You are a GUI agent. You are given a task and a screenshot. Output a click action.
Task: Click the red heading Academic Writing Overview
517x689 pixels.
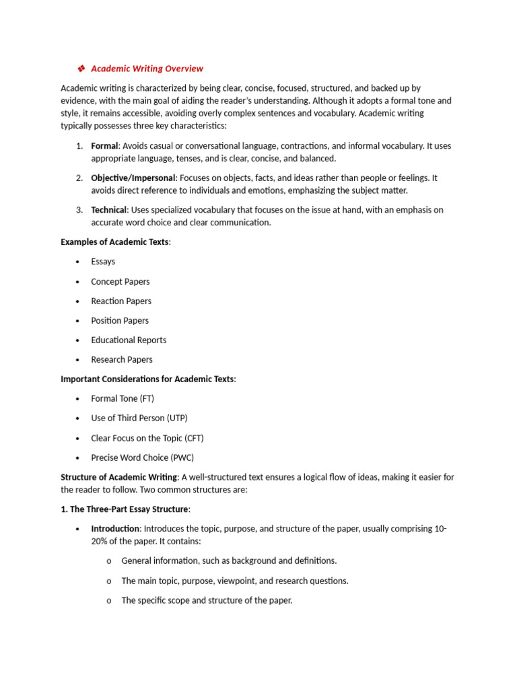(147, 69)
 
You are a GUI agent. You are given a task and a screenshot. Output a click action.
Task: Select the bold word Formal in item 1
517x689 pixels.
(104, 146)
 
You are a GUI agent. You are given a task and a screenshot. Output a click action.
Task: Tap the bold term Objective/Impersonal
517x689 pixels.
(133, 178)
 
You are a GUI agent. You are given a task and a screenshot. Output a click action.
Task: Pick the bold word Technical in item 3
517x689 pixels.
(108, 210)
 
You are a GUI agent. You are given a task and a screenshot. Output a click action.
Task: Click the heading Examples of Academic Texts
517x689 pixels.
(115, 242)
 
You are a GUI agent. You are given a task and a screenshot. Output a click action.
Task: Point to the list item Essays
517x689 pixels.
(103, 262)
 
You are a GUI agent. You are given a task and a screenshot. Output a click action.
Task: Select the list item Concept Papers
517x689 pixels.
(120, 281)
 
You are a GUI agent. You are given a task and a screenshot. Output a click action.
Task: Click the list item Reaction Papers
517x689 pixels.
(121, 301)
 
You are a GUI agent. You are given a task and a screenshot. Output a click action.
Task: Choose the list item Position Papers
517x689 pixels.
(120, 320)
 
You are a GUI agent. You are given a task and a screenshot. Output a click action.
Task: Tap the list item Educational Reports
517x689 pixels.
(129, 340)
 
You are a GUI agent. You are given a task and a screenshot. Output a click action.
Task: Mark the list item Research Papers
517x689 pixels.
(122, 359)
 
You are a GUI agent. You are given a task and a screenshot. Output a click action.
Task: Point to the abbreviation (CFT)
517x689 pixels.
(193, 438)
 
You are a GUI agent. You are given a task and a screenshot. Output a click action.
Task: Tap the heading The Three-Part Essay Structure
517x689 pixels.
(125, 509)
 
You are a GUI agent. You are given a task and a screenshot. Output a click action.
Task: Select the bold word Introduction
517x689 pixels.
(115, 529)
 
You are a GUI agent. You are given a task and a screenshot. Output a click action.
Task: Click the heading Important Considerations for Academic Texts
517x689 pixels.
(147, 379)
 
